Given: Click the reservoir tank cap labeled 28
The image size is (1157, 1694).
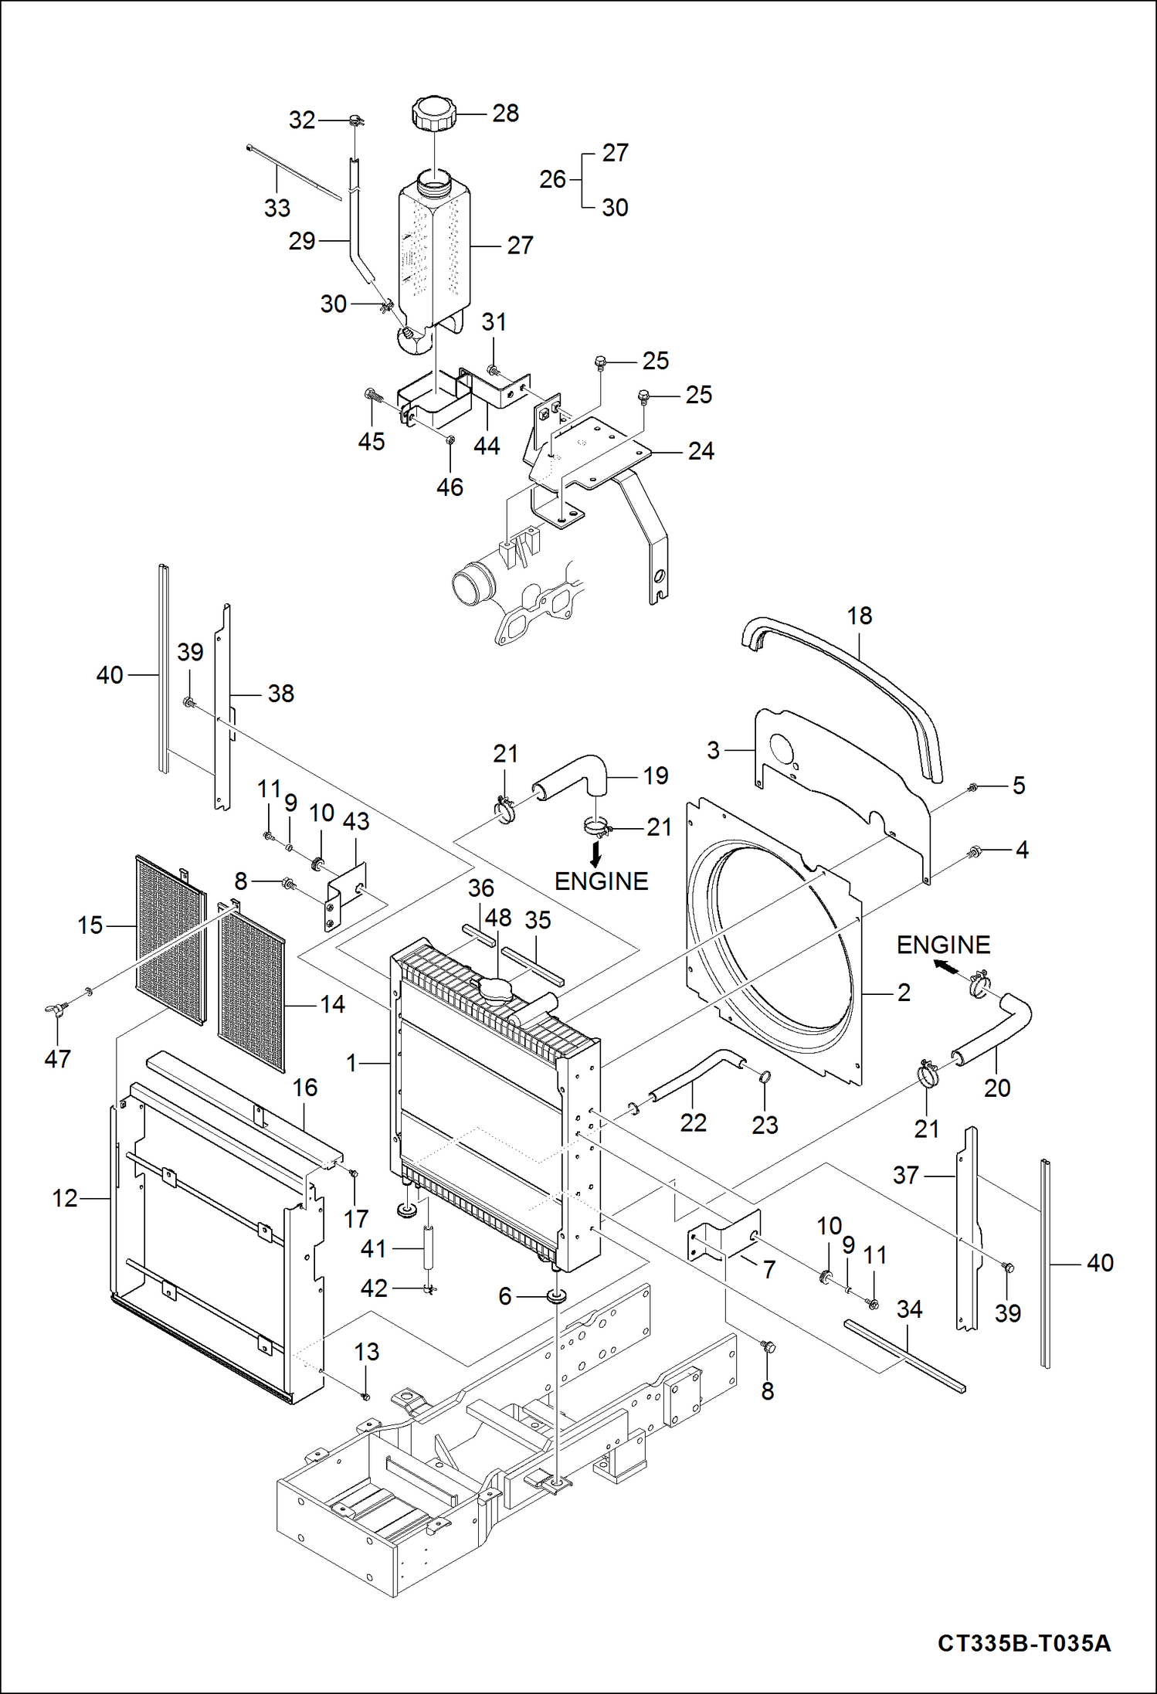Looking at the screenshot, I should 434,114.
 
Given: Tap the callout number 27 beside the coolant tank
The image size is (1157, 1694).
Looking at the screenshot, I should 520,245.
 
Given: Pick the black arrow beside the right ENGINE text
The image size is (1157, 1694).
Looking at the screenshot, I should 944,966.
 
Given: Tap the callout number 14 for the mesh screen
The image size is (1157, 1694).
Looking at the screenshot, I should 332,1004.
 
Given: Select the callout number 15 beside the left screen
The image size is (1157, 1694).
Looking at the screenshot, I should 90,925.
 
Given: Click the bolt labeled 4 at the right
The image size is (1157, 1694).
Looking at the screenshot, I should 975,851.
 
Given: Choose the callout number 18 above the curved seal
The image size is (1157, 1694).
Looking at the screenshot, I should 859,616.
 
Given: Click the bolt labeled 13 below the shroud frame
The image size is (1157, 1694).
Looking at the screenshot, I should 366,1397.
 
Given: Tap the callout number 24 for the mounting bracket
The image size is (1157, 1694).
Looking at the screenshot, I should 701,451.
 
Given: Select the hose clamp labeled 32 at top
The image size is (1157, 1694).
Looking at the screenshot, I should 356,121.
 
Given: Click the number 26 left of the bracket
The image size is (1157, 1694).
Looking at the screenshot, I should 552,179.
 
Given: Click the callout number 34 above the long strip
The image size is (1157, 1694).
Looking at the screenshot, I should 909,1309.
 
